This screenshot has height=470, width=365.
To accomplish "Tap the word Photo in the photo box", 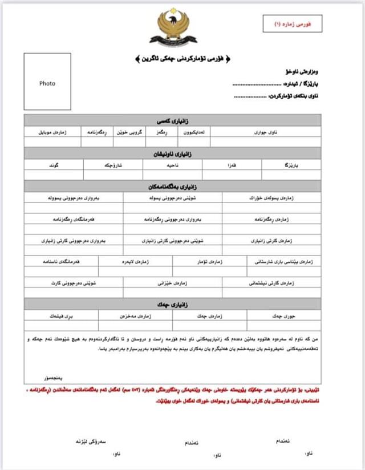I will click(47, 83).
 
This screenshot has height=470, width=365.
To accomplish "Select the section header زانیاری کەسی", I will click(172, 120).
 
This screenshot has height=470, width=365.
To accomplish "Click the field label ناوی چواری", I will click(265, 132).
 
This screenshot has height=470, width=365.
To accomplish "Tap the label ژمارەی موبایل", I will click(52, 132).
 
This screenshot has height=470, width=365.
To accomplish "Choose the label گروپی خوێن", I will click(129, 132).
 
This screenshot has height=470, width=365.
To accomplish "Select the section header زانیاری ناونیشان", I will click(172, 154).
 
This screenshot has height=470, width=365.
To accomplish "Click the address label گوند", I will click(54, 165).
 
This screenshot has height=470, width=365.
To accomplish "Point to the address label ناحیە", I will click(172, 165).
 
